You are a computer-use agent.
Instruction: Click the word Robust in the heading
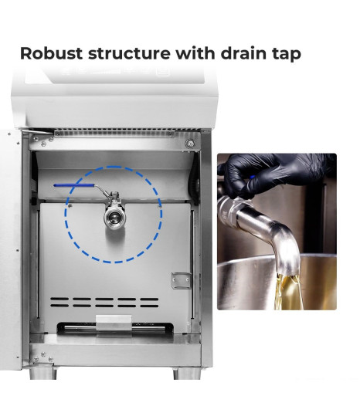coord(51,53)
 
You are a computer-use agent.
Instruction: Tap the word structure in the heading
coord(129,53)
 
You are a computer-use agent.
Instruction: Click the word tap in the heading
coord(287,54)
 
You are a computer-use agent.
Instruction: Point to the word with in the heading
coord(195,53)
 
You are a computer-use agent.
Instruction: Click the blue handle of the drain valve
coord(74,185)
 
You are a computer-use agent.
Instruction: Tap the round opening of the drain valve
coord(114,217)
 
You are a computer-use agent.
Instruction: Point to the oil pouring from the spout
coord(288,292)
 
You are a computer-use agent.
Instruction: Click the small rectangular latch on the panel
coord(182,281)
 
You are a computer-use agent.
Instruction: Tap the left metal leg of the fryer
coord(42,373)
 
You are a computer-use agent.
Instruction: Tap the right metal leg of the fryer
coord(187,373)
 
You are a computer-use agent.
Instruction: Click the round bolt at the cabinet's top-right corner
coord(190,144)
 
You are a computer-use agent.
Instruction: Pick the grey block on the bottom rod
coord(114,323)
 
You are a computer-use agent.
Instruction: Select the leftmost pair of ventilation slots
coord(59,302)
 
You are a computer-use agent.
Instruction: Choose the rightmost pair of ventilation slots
coord(149,303)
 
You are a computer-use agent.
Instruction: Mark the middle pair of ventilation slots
coord(104,302)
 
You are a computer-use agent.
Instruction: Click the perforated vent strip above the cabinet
coord(114,133)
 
